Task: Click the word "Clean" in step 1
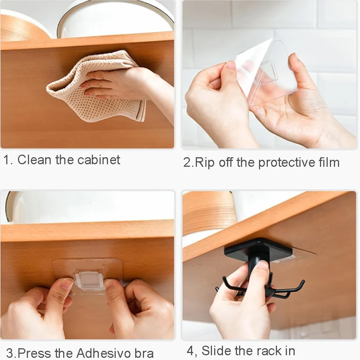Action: tap(34, 160)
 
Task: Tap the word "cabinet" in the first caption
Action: tap(99, 160)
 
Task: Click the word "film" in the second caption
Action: tap(329, 162)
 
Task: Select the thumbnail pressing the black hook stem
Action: tap(262, 266)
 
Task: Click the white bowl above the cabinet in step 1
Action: tap(115, 19)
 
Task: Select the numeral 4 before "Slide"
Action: tap(190, 350)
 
